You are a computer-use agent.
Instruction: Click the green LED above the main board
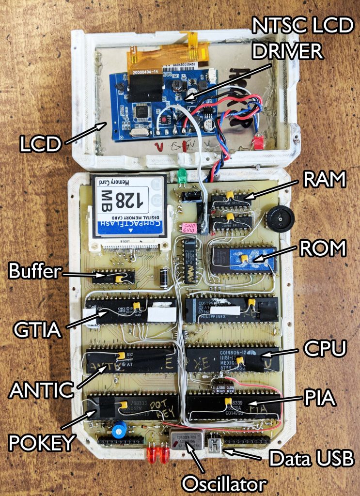coord(182,175)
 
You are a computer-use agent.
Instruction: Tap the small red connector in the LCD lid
coord(258,142)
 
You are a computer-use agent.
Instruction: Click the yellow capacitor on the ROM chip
coord(245,258)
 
